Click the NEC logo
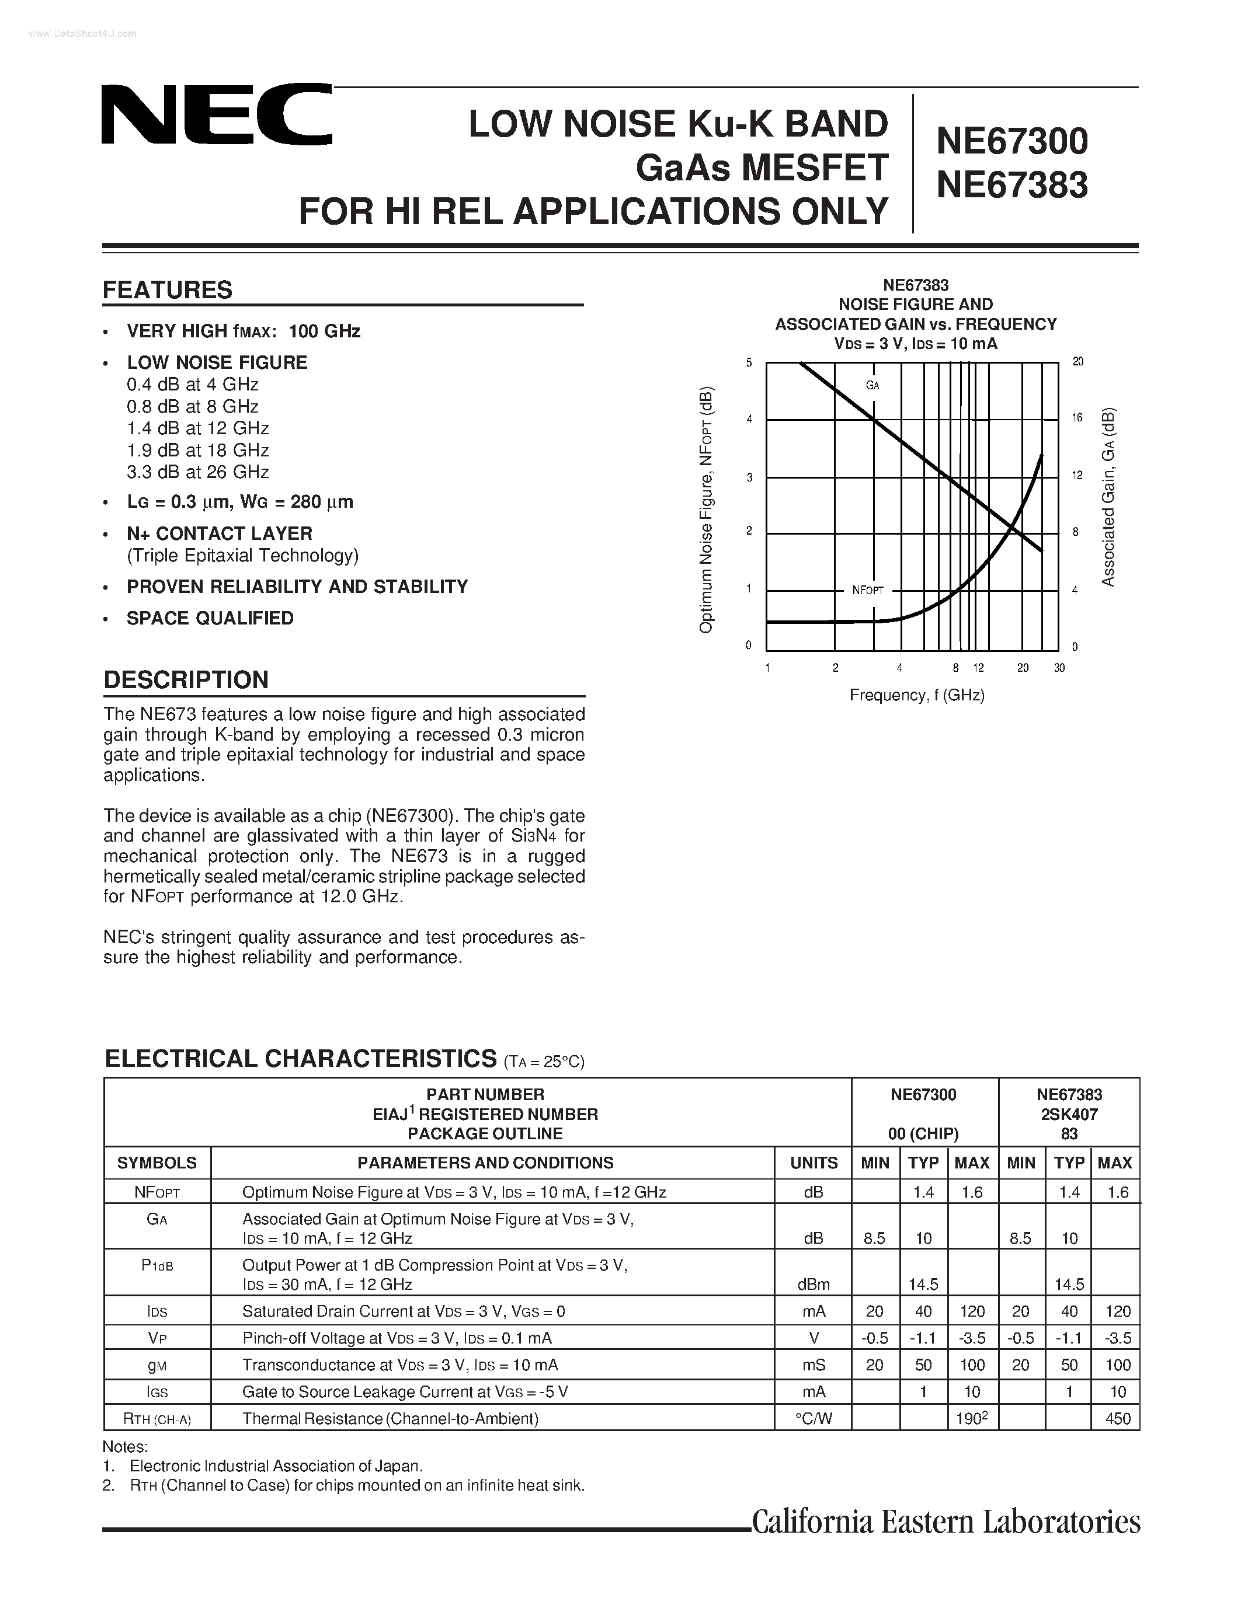pos(216,114)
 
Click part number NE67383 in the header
pos(1011,184)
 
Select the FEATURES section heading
pos(168,290)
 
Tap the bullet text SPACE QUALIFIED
pos(210,618)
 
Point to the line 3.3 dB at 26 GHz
pos(198,472)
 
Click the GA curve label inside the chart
pos(872,385)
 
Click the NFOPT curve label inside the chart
pos(867,590)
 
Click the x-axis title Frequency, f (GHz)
pos(917,695)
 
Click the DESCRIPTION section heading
pos(186,680)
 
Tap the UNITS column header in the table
pos(813,1163)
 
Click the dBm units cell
pos(813,1284)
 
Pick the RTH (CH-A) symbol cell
pos(157,1418)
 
